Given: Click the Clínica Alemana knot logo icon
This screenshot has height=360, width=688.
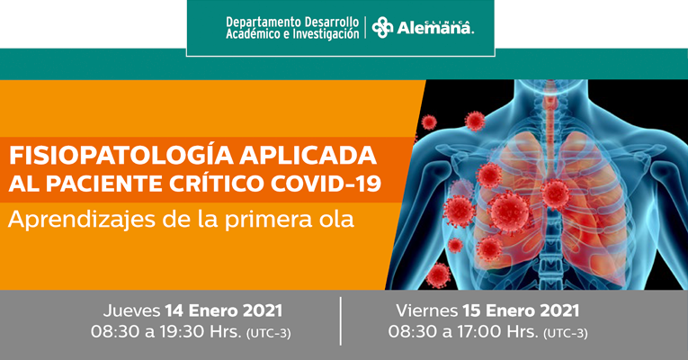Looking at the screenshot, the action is (382, 27).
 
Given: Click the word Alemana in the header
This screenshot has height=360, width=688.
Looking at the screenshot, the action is (435, 28).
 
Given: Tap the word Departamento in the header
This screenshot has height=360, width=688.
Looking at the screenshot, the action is (264, 22).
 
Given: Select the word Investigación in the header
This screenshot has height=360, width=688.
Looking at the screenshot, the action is (326, 34).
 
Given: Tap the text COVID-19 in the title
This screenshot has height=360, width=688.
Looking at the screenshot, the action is (326, 184).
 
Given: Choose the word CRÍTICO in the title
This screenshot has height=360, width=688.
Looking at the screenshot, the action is (217, 184).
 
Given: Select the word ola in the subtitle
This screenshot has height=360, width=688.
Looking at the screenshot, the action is (337, 219).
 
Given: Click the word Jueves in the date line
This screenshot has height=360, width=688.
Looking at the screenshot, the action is (131, 311).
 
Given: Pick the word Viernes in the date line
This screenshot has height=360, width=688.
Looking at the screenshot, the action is (426, 310).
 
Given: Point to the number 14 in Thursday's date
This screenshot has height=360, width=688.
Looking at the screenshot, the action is (174, 311).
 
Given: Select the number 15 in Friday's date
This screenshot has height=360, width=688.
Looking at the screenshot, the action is (471, 310).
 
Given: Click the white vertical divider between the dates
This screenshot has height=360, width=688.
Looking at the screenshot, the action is (341, 321).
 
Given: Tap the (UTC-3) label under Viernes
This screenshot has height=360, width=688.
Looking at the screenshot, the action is (566, 334).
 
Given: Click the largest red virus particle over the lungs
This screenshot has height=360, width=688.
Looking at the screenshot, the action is (509, 212).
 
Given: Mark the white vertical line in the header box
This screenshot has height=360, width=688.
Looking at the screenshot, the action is (365, 28).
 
